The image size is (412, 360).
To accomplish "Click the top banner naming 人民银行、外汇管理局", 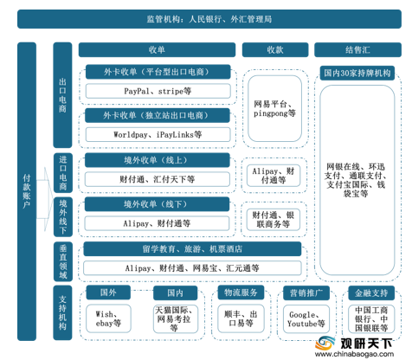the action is click(209, 19).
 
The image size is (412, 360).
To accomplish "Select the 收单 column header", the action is click(157, 50).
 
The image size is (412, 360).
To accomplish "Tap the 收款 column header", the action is click(275, 50).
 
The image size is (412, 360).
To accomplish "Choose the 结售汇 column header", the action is click(357, 50).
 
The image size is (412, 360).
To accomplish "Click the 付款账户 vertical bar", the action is click(27, 191).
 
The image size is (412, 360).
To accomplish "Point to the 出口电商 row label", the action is click(62, 95).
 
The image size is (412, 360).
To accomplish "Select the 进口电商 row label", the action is click(63, 173).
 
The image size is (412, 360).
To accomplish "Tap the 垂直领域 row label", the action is click(63, 261).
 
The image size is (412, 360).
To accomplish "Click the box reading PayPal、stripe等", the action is click(158, 91).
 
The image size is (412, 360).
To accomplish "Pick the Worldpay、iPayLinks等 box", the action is click(158, 134).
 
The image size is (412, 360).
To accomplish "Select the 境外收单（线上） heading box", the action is click(158, 160).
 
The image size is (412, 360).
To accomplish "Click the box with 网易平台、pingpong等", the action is click(275, 108).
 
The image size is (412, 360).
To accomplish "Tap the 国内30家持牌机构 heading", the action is click(357, 73).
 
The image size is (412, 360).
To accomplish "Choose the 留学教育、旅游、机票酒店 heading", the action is click(192, 249).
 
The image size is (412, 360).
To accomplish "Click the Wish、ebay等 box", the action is click(108, 318).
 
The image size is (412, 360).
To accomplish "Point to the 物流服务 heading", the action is click(241, 292).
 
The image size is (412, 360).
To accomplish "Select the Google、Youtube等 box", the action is click(306, 319).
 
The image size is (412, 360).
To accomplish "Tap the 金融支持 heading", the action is click(371, 293).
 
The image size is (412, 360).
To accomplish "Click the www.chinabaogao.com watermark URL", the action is click(354, 354).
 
